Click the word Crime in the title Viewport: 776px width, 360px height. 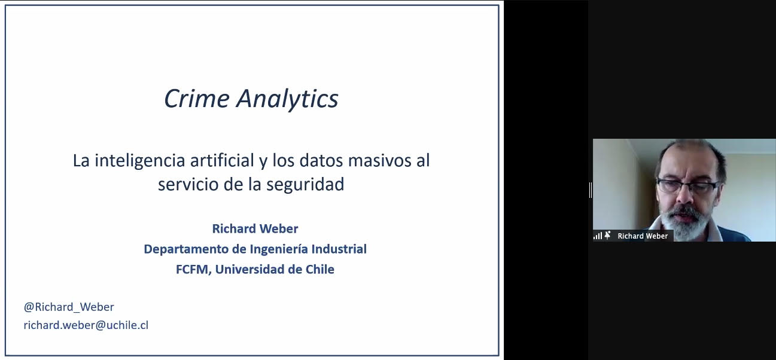[196, 99]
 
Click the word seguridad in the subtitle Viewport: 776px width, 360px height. [305, 184]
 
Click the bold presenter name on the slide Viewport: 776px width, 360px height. [255, 228]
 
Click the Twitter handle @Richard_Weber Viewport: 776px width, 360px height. [69, 307]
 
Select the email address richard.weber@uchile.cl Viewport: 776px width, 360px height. [86, 325]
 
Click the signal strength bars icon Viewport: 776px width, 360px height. [598, 236]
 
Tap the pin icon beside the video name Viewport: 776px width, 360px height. [607, 236]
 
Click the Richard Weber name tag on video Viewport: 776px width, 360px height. [643, 236]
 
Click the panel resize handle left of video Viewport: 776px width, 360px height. [591, 190]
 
